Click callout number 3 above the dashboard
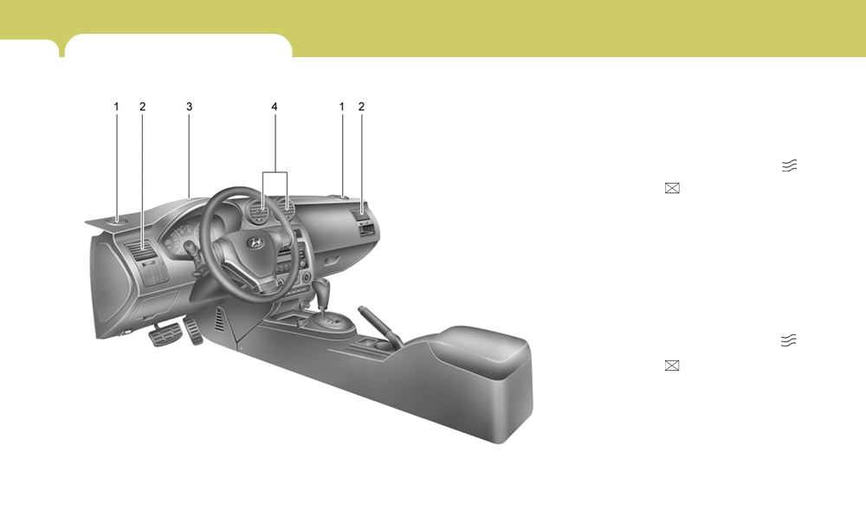(x=189, y=107)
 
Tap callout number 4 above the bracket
(x=275, y=107)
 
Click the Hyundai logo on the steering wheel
(x=255, y=243)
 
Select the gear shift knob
(x=321, y=288)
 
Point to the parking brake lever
(x=377, y=325)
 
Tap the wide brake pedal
(x=164, y=334)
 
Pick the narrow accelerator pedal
(x=194, y=330)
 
